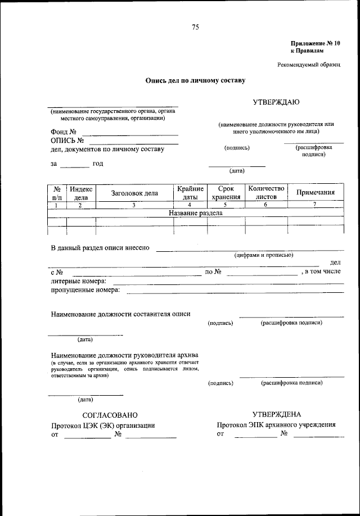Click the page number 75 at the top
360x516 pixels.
195,27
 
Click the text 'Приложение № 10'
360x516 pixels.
316,43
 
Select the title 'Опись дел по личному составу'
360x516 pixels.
195,80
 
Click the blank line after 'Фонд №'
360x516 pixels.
128,133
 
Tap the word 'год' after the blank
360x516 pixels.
98,164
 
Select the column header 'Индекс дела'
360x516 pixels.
81,193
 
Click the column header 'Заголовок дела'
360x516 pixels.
134,193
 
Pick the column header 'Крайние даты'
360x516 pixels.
190,193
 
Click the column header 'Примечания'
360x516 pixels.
316,193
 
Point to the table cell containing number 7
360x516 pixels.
315,205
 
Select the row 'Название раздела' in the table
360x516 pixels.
196,214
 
